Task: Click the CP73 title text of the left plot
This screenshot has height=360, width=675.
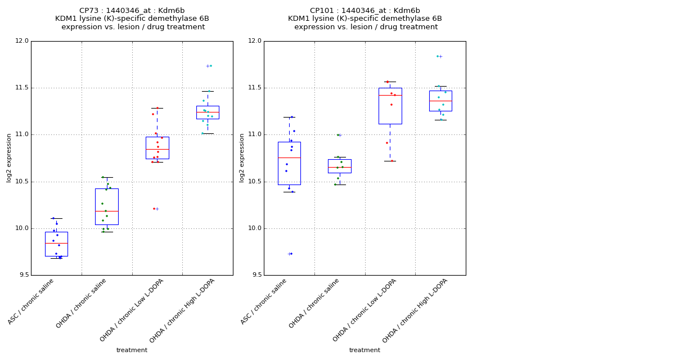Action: pyautogui.click(x=132, y=11)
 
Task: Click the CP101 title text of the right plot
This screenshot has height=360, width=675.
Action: pyautogui.click(x=364, y=11)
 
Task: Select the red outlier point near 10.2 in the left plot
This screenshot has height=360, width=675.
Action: pyautogui.click(x=154, y=209)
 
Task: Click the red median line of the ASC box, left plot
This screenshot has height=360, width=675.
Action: pyautogui.click(x=56, y=243)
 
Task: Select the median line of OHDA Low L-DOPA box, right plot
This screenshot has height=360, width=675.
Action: pyautogui.click(x=390, y=95)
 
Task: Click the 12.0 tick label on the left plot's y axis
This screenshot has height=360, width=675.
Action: pyautogui.click(x=22, y=41)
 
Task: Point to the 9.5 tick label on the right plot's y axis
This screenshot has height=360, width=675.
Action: pyautogui.click(x=255, y=275)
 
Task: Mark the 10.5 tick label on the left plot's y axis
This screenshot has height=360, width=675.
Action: pyautogui.click(x=22, y=182)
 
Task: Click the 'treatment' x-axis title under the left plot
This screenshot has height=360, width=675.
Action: pyautogui.click(x=132, y=350)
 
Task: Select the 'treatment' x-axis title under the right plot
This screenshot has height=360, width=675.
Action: pyautogui.click(x=364, y=350)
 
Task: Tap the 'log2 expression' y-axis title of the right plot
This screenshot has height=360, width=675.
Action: pyautogui.click(x=242, y=157)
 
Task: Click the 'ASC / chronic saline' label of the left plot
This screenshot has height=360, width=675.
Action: pyautogui.click(x=31, y=301)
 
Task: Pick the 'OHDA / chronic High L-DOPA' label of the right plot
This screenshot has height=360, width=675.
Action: pyautogui.click(x=415, y=310)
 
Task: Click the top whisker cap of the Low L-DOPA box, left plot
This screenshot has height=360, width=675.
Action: pyautogui.click(x=157, y=108)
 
